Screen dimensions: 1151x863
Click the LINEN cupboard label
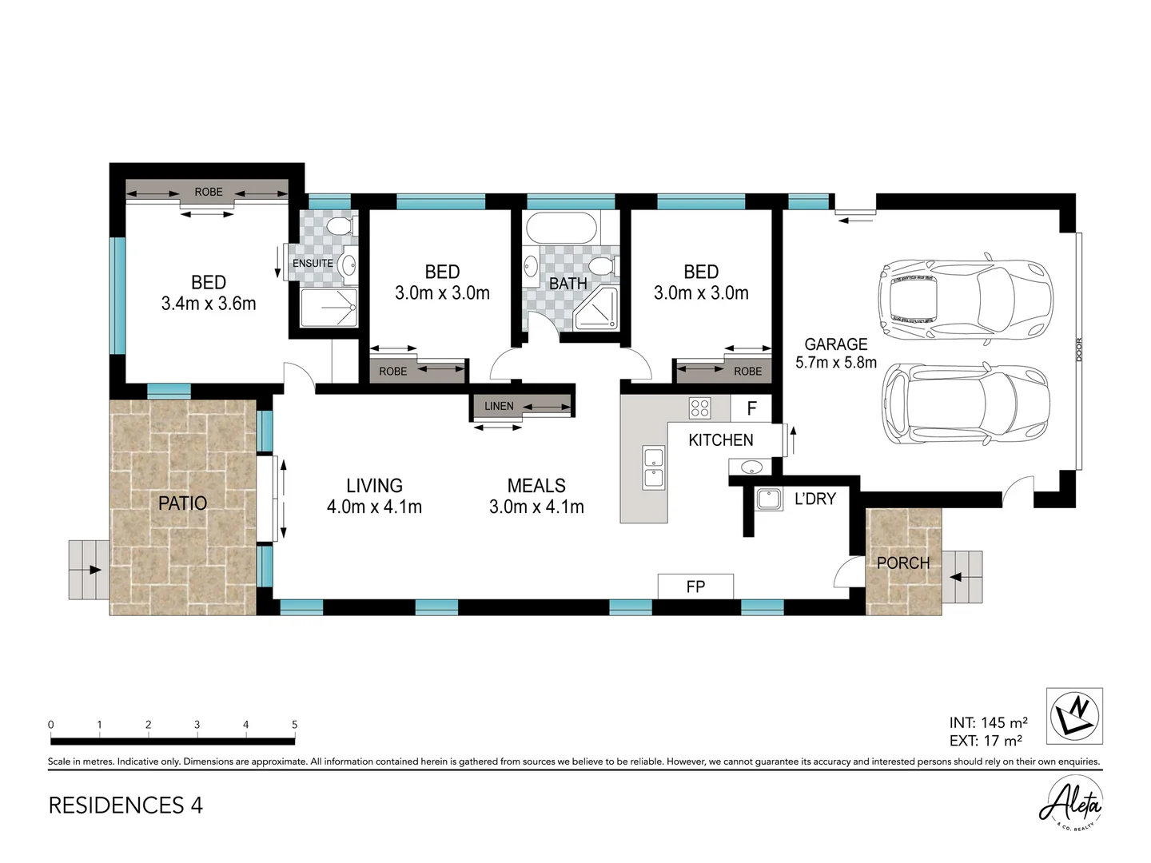pos(499,406)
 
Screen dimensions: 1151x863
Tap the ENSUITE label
pos(313,263)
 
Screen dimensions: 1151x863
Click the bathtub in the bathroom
pos(561,228)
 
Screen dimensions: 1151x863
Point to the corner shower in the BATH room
pos(596,308)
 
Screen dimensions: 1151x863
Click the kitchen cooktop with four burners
pos(699,408)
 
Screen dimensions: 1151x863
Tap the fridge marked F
pos(751,408)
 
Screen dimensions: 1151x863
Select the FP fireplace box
pos(695,587)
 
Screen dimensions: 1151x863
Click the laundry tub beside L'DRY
pos(769,499)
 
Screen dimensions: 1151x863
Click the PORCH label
pos(903,563)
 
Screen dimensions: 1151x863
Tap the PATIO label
pos(182,503)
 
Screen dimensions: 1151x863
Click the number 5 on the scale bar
pos(295,725)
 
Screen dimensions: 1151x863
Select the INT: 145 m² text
pos(989,723)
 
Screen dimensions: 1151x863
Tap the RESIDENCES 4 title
pos(125,805)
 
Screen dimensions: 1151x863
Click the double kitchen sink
pos(653,467)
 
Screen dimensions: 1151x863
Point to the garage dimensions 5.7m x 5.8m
pos(836,363)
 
